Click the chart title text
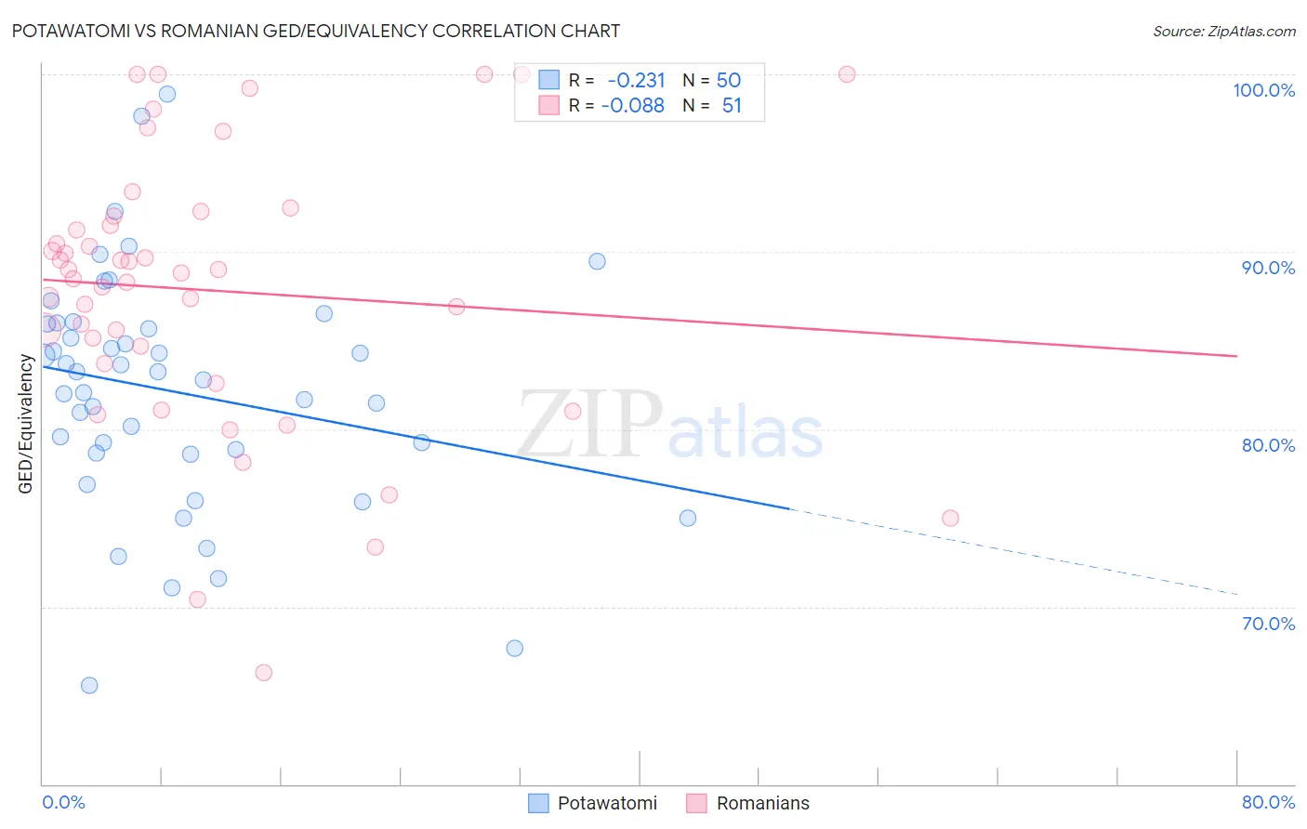(x=316, y=31)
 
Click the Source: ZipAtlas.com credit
(x=1223, y=32)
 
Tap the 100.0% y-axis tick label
(x=1263, y=90)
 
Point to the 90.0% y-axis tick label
(x=1268, y=268)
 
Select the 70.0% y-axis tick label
(x=1268, y=624)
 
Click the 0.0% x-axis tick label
(x=63, y=802)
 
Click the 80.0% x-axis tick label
(x=1268, y=802)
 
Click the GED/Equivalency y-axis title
(x=26, y=425)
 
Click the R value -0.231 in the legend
(x=636, y=80)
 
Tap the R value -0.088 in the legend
(x=633, y=106)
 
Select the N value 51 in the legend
(x=732, y=106)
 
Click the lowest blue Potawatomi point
(x=89, y=686)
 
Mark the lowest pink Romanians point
(x=264, y=673)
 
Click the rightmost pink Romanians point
(x=950, y=519)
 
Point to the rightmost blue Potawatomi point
(x=688, y=519)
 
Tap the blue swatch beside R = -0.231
(x=549, y=80)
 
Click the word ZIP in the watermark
(x=589, y=425)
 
